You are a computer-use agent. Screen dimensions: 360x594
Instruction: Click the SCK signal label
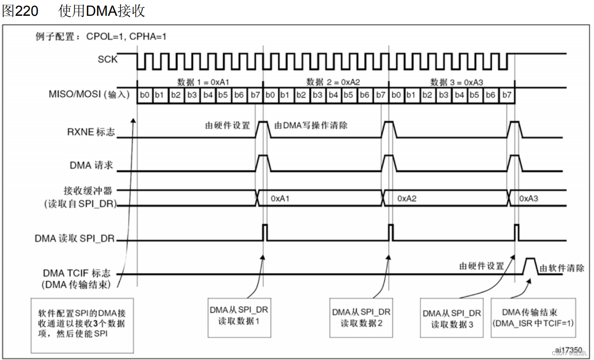point(107,59)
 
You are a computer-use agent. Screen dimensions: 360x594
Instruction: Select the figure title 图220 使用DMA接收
point(73,11)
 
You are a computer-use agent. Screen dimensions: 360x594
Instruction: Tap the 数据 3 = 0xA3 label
point(457,82)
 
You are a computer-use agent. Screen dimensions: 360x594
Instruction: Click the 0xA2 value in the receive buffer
point(407,199)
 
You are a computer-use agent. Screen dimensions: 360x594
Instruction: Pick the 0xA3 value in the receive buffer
point(529,199)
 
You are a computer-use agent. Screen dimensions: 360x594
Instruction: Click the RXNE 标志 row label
point(91,132)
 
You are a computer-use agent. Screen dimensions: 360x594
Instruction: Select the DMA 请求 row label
point(91,165)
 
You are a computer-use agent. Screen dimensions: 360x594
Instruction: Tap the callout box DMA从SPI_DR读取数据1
point(238,317)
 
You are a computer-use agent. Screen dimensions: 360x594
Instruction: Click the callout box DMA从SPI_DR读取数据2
point(361,317)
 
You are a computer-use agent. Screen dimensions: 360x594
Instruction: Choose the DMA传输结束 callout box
point(533,317)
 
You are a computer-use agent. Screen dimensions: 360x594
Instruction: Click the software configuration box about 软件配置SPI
point(82,325)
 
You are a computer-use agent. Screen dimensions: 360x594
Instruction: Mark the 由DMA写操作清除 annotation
point(311,125)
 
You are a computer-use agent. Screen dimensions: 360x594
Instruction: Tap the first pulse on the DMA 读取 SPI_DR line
point(265,232)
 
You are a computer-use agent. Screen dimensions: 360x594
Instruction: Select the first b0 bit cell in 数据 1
point(144,95)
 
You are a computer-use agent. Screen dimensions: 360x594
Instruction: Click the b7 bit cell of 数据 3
point(507,95)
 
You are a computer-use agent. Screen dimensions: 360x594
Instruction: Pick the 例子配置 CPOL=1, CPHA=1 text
point(101,36)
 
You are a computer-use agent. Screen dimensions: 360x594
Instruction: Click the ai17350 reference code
point(569,350)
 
